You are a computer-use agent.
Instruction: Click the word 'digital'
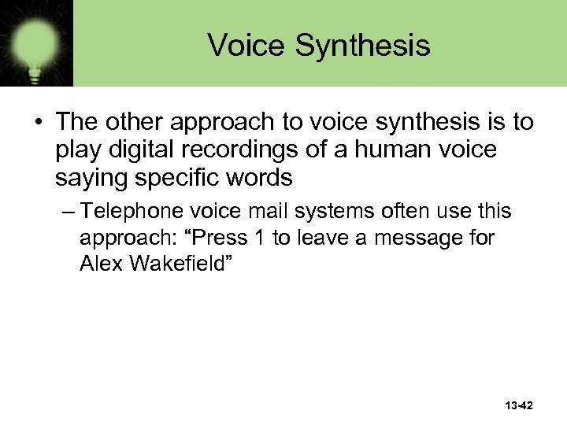coord(135,150)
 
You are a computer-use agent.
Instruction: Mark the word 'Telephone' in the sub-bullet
coord(131,212)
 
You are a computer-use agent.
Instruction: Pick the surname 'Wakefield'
coord(176,264)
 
